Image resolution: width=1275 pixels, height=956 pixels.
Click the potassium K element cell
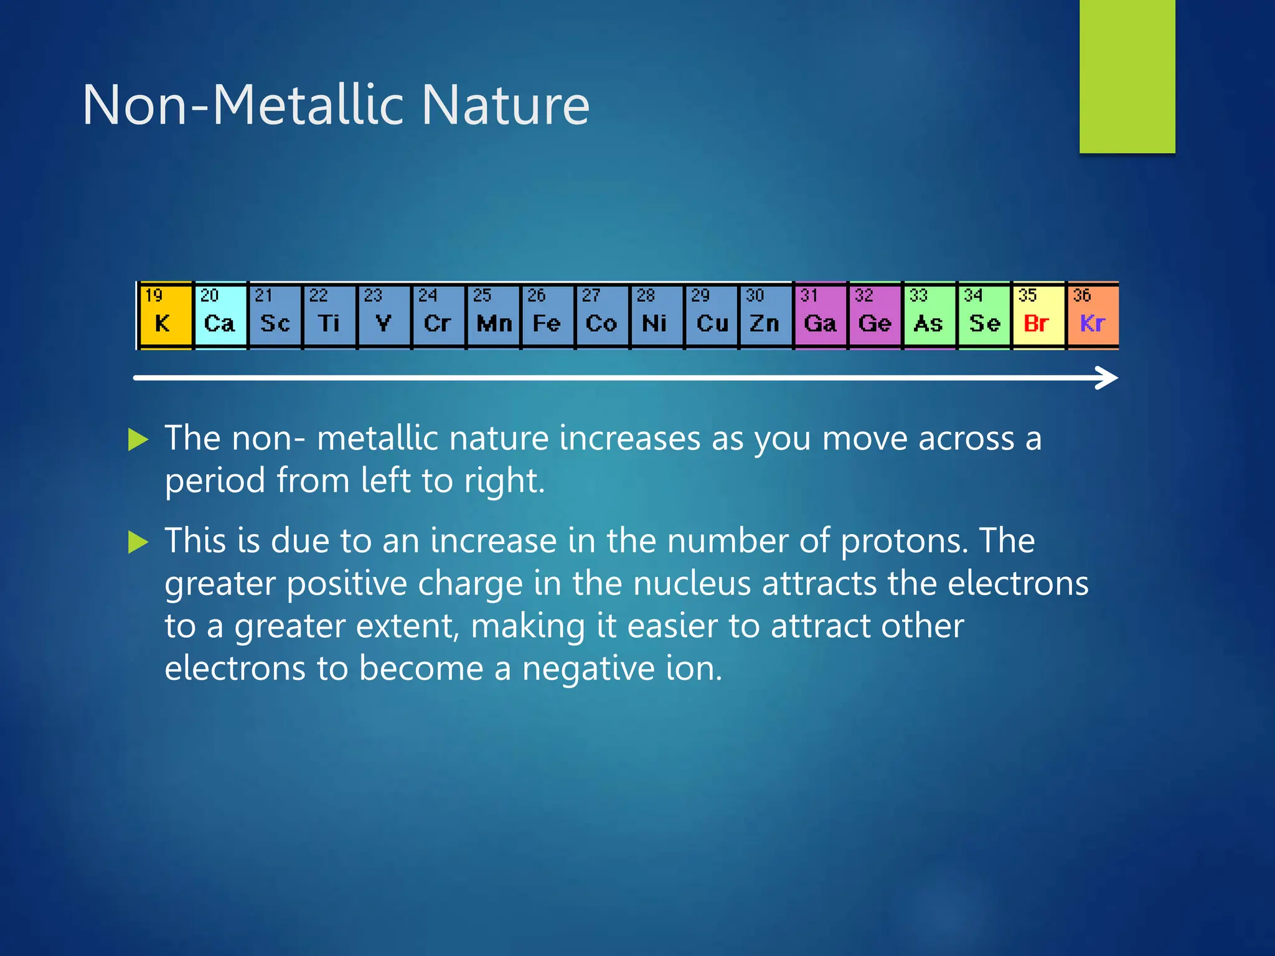[x=164, y=316]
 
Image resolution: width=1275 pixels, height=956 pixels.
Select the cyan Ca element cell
[x=220, y=316]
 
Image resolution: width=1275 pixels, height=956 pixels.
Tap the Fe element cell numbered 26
[x=547, y=316]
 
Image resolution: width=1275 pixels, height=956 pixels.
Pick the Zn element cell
[x=765, y=316]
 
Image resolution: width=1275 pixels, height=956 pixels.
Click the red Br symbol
[x=1037, y=324]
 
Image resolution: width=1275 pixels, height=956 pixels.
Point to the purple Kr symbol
[x=1093, y=324]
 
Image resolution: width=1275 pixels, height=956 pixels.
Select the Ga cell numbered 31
[x=820, y=316]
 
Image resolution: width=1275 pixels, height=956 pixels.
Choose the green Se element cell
[x=984, y=316]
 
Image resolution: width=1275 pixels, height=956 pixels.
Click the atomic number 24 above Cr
[x=428, y=295]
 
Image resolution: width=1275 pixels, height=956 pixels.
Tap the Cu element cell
[x=711, y=316]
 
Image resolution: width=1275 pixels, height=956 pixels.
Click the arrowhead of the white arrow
[x=1108, y=378]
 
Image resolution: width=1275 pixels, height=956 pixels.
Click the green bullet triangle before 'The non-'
[x=138, y=439]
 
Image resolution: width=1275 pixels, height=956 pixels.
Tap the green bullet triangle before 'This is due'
[x=138, y=541]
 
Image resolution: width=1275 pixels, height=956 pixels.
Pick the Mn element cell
[x=493, y=316]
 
